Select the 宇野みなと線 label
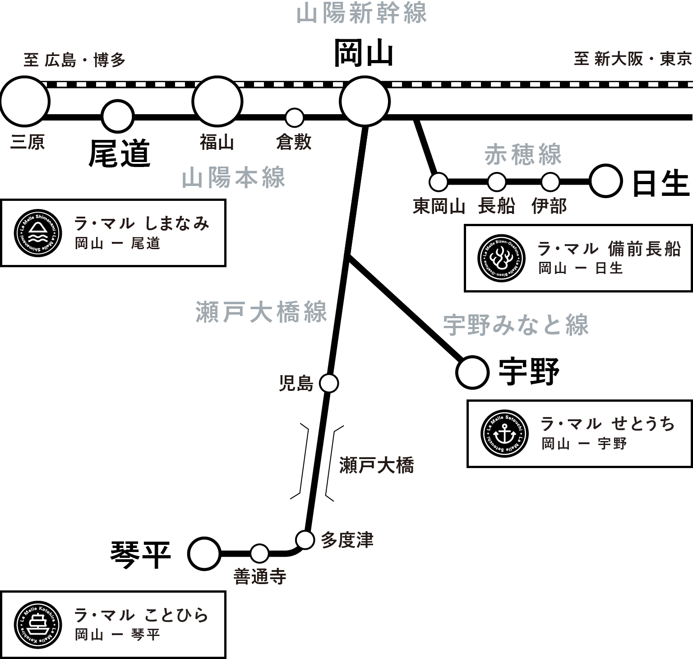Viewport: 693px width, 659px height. [516, 325]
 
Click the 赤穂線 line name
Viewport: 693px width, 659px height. [523, 155]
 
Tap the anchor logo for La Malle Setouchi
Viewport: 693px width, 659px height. [504, 434]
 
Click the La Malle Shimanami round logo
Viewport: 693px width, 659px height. [37, 233]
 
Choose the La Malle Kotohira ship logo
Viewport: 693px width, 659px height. [37, 625]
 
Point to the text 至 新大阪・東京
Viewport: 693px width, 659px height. [633, 59]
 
